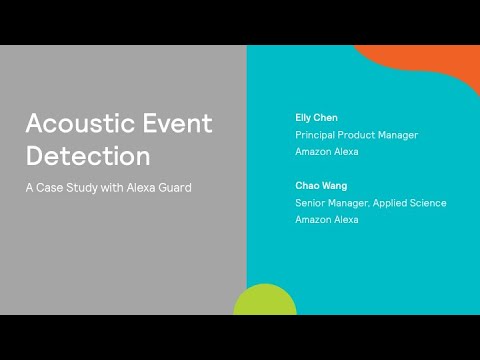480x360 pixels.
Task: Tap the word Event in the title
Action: pos(179,124)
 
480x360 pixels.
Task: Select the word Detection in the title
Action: pos(88,156)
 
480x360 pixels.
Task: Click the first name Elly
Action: pos(304,117)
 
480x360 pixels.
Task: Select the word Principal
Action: pos(317,135)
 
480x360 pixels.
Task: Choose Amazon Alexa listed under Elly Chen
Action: pos(326,152)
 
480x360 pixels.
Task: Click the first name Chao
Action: pos(307,186)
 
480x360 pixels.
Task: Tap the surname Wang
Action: pos(335,186)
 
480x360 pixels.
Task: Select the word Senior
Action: pos(310,203)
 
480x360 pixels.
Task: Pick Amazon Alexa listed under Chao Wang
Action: pos(326,220)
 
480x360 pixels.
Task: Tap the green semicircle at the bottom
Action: pos(265,302)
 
